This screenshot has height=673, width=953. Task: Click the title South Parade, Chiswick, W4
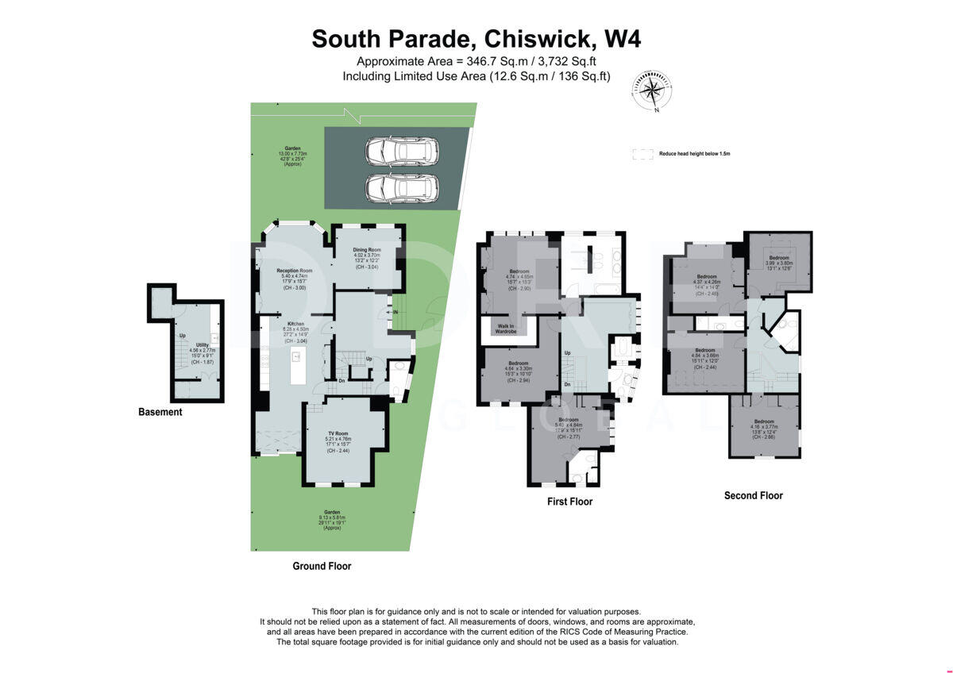click(x=476, y=39)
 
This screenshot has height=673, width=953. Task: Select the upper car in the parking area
click(x=402, y=151)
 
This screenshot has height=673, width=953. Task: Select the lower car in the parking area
click(x=402, y=188)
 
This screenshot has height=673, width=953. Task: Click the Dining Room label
click(x=367, y=251)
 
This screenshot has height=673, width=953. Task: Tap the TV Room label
click(x=338, y=433)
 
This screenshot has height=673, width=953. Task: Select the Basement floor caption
click(x=160, y=412)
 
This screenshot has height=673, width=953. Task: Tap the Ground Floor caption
click(x=322, y=566)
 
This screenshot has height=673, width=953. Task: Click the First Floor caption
click(x=569, y=502)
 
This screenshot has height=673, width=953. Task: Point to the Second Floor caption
click(x=753, y=495)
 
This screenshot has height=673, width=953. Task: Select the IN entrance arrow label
click(x=395, y=312)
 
